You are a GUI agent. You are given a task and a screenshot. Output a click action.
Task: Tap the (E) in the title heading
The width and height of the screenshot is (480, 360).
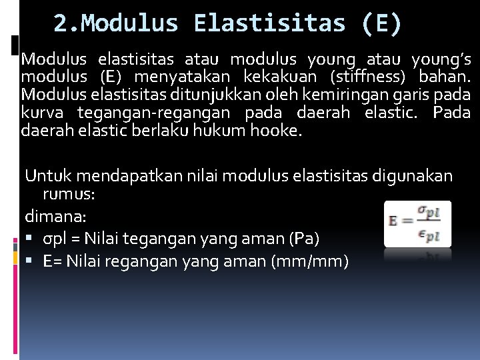click(x=383, y=24)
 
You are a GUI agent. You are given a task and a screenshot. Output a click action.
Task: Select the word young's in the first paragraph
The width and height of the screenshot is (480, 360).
click(x=442, y=59)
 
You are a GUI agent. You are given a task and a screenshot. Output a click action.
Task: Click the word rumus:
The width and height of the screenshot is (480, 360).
click(x=69, y=194)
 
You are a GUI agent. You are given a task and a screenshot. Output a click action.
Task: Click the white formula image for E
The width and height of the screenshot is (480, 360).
click(x=417, y=223)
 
